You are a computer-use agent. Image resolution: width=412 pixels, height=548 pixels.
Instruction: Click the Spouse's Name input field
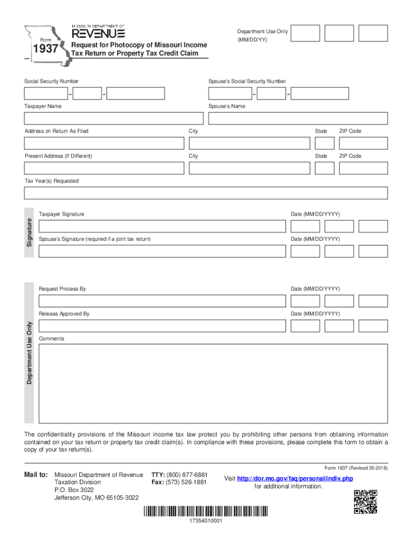pos(297,118)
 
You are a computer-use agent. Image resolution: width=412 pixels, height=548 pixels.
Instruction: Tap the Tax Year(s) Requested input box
pos(206,193)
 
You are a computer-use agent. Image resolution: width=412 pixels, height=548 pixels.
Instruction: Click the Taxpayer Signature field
pos(162,226)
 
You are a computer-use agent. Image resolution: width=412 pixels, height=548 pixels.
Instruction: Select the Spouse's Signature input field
pos(162,251)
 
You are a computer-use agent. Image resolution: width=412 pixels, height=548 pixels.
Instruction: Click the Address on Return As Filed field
pos(104,143)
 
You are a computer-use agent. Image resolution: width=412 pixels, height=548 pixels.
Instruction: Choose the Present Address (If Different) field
pos(104,168)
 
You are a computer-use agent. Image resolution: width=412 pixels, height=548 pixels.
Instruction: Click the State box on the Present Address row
pos(324,168)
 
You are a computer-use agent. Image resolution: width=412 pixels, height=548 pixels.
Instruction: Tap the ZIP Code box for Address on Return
pos(363,143)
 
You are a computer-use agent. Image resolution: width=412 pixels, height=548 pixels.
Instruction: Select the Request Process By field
pos(162,301)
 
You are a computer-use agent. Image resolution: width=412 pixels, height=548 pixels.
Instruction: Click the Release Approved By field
pos(162,325)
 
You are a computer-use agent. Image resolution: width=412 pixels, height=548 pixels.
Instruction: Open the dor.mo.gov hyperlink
pos(295,478)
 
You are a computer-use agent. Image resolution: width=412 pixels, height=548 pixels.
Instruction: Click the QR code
pos(365,501)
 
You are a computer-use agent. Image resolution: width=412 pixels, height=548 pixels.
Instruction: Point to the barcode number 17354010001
pos(206,521)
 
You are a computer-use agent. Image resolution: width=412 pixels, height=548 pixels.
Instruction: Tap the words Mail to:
pos(36,475)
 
